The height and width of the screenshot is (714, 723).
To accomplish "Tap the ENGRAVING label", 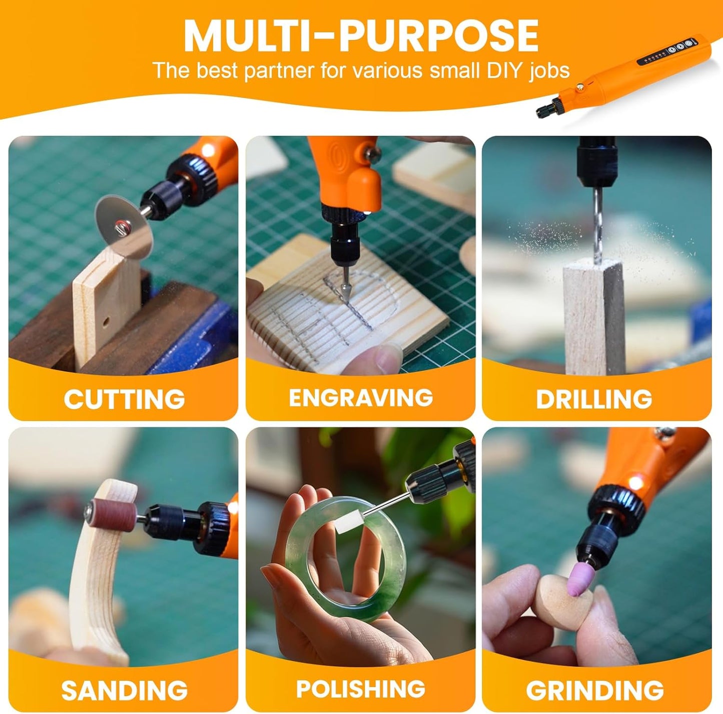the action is click(x=361, y=397).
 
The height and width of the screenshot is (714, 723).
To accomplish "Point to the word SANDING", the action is click(x=124, y=690).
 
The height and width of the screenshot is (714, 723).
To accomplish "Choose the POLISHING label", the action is click(x=361, y=689).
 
